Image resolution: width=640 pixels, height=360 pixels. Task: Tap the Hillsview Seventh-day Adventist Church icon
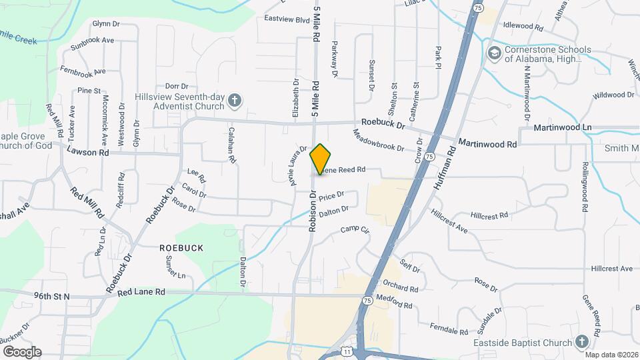234,101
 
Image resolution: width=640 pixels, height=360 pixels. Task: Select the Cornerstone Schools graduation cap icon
494,53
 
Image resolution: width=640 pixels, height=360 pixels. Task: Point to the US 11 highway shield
347,350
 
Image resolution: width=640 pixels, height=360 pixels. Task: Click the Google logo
21,351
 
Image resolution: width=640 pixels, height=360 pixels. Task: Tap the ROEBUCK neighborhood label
181,247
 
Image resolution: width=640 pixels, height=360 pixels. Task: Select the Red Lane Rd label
141,292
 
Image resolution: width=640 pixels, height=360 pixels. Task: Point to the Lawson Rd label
87,152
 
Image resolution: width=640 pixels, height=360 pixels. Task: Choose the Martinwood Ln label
563,127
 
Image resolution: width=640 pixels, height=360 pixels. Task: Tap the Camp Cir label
355,229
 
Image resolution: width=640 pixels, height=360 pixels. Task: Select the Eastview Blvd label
287,19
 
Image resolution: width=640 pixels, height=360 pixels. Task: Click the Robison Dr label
311,212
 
